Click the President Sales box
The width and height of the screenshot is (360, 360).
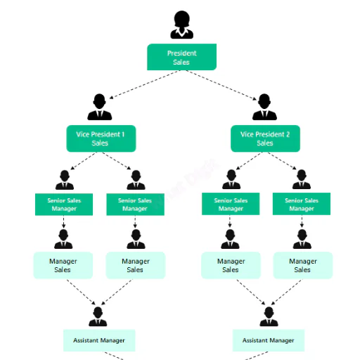coord(181,57)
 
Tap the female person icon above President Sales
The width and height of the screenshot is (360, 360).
coord(182,25)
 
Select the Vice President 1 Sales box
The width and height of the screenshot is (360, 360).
coord(101,139)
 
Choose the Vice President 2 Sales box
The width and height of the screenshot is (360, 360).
coord(265,139)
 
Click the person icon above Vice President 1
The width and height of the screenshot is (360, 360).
coord(100,107)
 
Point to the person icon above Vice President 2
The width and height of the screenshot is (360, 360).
coord(264,107)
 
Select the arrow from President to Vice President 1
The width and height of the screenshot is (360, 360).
coord(144,84)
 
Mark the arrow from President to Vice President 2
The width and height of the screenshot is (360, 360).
coord(221,85)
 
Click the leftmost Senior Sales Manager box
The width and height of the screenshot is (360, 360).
coord(64,205)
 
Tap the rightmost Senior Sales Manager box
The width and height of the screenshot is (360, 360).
coord(302,204)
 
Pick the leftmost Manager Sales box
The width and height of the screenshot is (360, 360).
coord(63,265)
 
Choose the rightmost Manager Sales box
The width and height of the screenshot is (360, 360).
coord(303,265)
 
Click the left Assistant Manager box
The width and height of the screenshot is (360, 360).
coord(99,340)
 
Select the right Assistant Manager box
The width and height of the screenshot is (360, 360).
coord(269,340)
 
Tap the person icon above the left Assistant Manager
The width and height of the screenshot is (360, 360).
coord(98,316)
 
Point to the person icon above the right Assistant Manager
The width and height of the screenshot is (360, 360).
coord(269,316)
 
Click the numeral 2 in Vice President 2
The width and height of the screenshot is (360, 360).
coord(288,134)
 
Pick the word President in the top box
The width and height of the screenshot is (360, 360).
coord(182,53)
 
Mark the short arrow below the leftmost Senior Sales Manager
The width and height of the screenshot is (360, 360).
coord(63,221)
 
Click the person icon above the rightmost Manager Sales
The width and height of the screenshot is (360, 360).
coord(302,239)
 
